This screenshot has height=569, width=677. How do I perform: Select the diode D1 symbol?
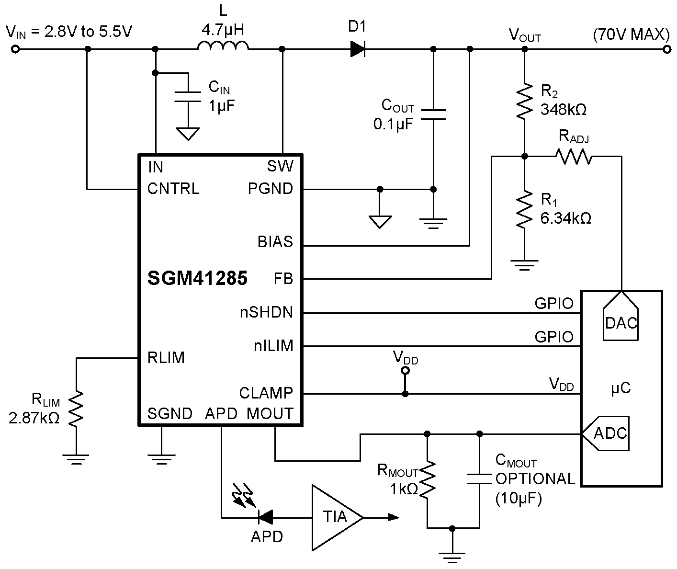(358, 49)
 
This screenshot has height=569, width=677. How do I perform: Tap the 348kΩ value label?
(564, 109)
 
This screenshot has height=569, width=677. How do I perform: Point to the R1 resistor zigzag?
(525, 209)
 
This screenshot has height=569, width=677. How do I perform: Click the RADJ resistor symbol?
(574, 156)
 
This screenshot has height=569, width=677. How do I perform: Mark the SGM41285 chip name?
(197, 278)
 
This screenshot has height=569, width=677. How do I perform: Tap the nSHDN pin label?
(266, 313)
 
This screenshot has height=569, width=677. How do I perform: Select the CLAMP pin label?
(266, 393)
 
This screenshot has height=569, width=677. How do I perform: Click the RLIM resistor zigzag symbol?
(76, 409)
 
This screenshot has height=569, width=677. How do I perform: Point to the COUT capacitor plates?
(433, 114)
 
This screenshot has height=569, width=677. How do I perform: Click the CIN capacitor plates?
(188, 96)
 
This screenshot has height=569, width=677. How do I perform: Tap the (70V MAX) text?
(630, 34)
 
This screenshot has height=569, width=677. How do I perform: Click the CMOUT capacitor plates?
(479, 479)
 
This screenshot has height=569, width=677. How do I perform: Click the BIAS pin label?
(275, 242)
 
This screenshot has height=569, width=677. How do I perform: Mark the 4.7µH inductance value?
(223, 31)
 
